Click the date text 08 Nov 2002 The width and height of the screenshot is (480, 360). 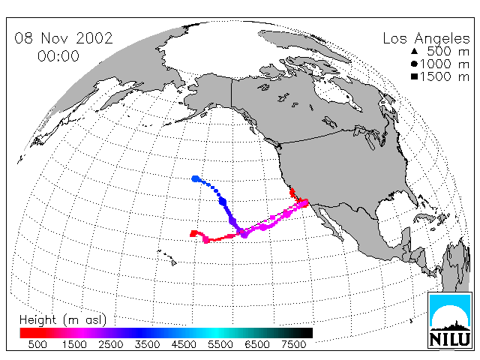(64, 38)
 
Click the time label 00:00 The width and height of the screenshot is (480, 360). (58, 56)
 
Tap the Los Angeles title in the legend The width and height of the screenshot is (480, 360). (427, 39)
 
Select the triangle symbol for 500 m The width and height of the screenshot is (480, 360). (415, 51)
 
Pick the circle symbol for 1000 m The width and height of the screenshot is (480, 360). (415, 64)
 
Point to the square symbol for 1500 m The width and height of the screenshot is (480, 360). (415, 76)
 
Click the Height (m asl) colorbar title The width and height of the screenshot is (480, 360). (63, 320)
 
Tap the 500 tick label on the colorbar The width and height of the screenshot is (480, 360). (37, 344)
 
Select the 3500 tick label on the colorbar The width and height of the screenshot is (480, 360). (147, 344)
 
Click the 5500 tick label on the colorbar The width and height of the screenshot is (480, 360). (220, 344)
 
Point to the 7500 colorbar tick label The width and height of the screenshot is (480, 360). (293, 344)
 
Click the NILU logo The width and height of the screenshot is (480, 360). (449, 320)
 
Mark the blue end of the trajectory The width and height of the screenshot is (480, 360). (195, 178)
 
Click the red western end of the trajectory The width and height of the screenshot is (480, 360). (193, 234)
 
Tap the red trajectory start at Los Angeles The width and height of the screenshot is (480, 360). (304, 202)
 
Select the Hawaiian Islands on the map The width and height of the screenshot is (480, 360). (167, 257)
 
